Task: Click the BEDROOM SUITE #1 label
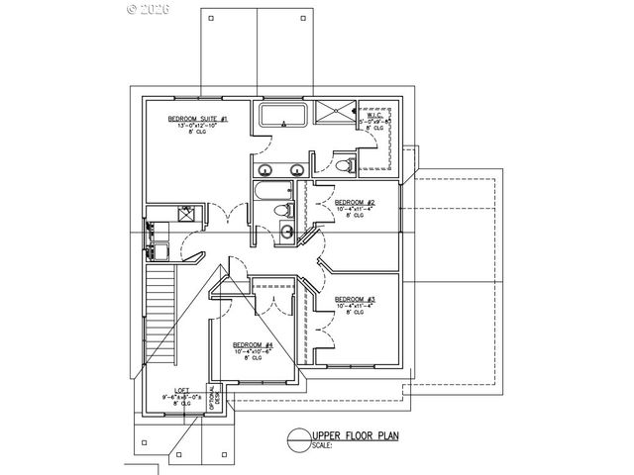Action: [198, 119]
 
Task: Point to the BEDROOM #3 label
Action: [355, 300]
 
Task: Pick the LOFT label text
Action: [182, 390]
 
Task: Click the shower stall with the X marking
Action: [335, 113]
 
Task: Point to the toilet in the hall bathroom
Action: [286, 209]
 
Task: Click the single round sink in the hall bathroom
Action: [284, 232]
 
